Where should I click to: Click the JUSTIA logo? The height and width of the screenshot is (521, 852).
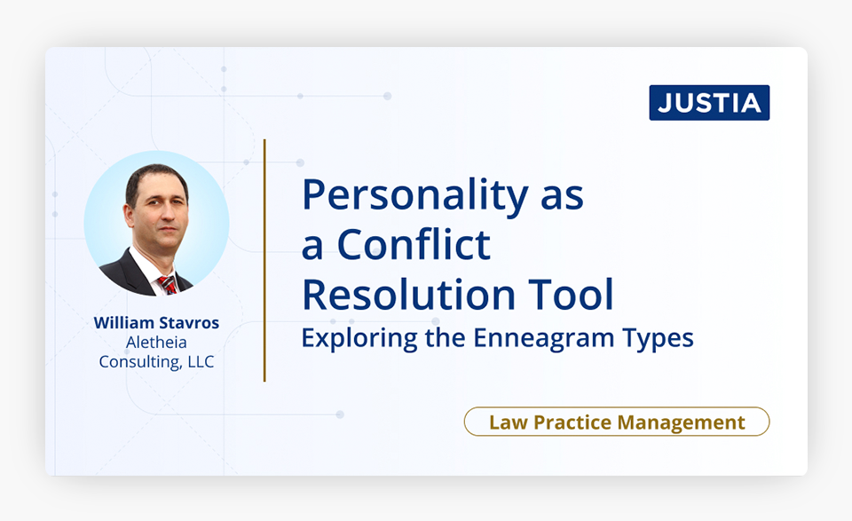tap(709, 103)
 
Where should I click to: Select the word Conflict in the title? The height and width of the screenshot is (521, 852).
tap(414, 244)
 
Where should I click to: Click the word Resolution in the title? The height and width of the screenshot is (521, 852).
tap(408, 294)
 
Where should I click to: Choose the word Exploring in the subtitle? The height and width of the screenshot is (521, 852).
tap(359, 338)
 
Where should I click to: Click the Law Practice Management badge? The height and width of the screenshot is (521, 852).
tap(617, 422)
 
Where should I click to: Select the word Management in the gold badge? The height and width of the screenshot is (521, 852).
tap(681, 422)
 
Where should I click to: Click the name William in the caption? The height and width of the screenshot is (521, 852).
tap(124, 323)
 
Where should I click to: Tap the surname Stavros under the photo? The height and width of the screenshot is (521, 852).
tap(189, 323)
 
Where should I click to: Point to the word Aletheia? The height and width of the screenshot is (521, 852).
tap(156, 343)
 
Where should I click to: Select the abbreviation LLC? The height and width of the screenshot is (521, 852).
tap(201, 362)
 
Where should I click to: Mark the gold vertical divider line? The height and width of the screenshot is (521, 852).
tap(264, 260)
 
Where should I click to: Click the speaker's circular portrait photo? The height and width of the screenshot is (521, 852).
tap(156, 224)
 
